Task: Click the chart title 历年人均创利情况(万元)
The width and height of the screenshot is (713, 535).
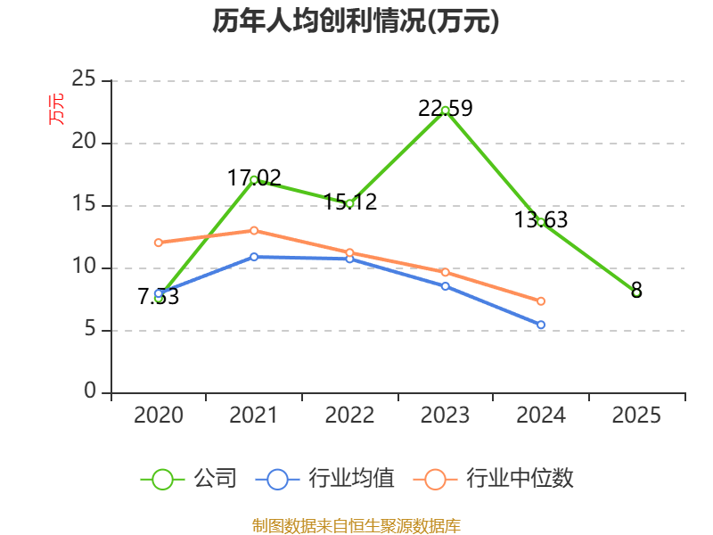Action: (356, 21)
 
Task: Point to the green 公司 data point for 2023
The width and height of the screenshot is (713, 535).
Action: (445, 111)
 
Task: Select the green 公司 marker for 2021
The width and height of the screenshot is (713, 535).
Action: (254, 180)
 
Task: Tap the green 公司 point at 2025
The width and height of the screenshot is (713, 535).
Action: (636, 292)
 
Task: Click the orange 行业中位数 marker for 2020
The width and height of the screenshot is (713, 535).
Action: (159, 243)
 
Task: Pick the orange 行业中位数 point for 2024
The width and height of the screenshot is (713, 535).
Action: (541, 301)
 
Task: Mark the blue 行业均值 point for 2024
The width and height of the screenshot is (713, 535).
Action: (541, 325)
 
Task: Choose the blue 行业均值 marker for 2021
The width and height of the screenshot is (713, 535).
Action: (254, 257)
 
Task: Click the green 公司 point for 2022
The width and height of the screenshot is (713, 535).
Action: (349, 203)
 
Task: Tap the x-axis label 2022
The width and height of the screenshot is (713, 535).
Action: (349, 416)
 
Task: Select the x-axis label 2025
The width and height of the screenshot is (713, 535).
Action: (636, 416)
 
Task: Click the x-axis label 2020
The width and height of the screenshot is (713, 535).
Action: (159, 416)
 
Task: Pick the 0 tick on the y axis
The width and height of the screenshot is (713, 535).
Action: (90, 392)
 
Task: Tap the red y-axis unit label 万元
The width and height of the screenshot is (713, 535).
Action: (56, 109)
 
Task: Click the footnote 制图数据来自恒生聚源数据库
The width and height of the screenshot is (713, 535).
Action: (356, 525)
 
